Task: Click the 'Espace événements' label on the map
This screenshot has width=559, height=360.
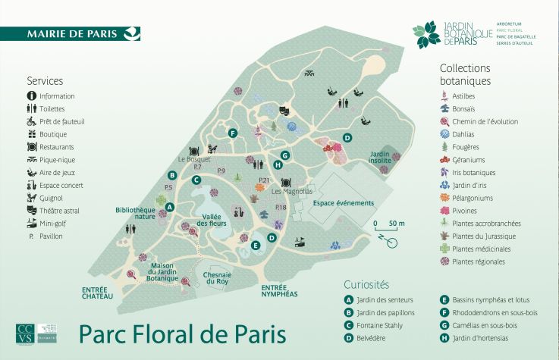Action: coord(344,203)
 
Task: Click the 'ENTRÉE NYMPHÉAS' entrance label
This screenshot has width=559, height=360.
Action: coord(278,291)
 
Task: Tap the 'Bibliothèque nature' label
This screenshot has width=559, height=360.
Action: coord(135,213)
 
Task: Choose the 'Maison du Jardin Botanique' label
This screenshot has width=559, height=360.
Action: coord(162,271)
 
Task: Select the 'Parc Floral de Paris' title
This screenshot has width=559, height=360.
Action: coord(182,333)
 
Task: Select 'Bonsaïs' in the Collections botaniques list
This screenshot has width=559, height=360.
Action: coord(464,109)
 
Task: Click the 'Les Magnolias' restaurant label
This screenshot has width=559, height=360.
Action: coord(292,192)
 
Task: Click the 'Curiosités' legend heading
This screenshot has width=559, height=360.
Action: coord(366,285)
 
